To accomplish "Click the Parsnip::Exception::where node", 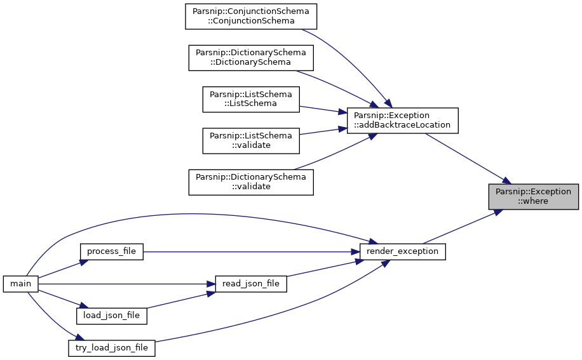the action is pyautogui.click(x=533, y=196).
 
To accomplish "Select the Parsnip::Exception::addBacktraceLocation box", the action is pyautogui.click(x=402, y=121).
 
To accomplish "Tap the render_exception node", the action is pyautogui.click(x=402, y=251).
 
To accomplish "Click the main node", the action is pyautogui.click(x=21, y=284).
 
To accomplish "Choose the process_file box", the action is pyautogui.click(x=112, y=251).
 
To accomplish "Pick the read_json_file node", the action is pyautogui.click(x=251, y=284).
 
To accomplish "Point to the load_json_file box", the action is pyautogui.click(x=112, y=316).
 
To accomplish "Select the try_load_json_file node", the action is pyautogui.click(x=112, y=348).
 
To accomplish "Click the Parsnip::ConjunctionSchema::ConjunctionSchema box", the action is pyautogui.click(x=251, y=17).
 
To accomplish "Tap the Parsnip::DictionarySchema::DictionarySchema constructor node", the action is pyautogui.click(x=251, y=58).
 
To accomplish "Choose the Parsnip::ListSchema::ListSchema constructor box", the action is pyautogui.click(x=251, y=99).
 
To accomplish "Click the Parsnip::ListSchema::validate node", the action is pyautogui.click(x=251, y=141).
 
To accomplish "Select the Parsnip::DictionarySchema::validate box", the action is pyautogui.click(x=251, y=182).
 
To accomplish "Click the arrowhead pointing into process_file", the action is pyautogui.click(x=83, y=262).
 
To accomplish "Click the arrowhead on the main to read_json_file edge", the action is pyautogui.click(x=210, y=284).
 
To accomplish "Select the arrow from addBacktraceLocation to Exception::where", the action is pyautogui.click(x=468, y=158).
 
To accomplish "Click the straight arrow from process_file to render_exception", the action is pyautogui.click(x=252, y=251).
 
